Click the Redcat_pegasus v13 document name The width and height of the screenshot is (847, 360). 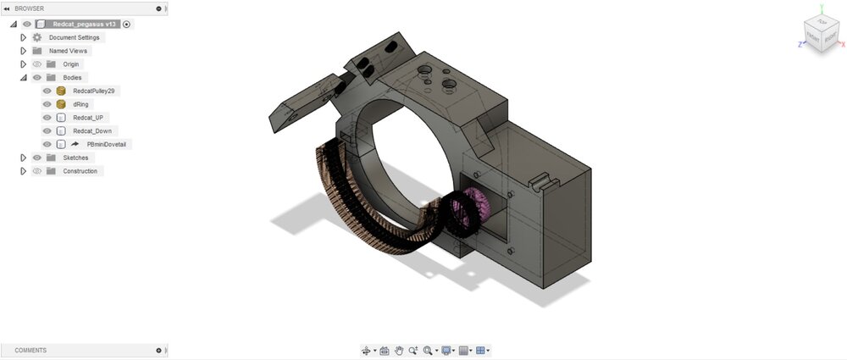tap(86, 24)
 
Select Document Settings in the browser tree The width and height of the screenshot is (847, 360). tap(74, 37)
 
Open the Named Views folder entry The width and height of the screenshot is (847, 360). tap(69, 51)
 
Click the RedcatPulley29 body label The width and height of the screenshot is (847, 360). tap(93, 91)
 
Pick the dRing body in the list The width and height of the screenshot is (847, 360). tap(81, 104)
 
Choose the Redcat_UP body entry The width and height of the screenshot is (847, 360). tap(88, 118)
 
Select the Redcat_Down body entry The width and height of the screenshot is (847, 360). tap(92, 131)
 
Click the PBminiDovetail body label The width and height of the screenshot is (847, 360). tap(108, 145)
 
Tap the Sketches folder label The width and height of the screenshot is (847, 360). tap(75, 158)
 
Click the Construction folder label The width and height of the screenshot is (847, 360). tap(80, 171)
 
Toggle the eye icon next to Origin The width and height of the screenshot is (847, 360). tap(36, 64)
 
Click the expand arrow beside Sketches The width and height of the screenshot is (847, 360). tap(24, 158)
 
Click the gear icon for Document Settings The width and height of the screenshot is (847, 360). tap(36, 37)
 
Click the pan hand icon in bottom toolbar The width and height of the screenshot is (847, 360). tap(398, 350)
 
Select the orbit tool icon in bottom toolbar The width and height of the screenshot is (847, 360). tap(367, 350)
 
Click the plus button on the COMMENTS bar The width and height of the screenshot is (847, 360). tap(158, 350)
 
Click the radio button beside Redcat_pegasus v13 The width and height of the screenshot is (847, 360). tap(126, 24)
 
